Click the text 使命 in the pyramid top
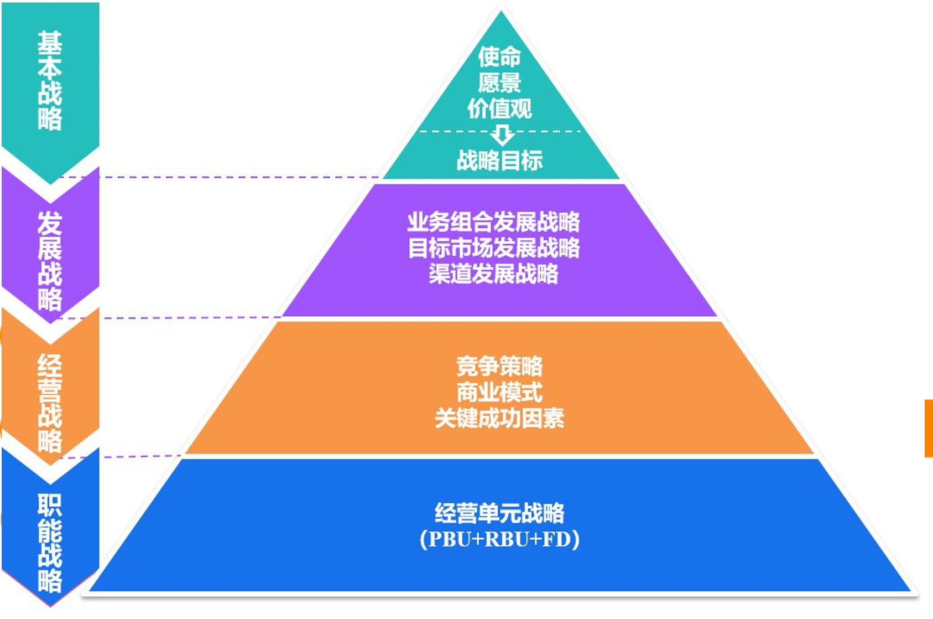499,56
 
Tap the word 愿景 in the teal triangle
499,82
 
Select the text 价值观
499,109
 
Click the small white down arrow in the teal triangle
502,135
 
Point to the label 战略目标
499,161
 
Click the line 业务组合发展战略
493,222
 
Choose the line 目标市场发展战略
493,248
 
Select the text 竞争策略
499,367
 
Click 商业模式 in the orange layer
499,393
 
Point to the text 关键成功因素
499,419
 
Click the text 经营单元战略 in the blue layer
499,513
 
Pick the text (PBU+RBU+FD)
499,539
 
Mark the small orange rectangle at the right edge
929,428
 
